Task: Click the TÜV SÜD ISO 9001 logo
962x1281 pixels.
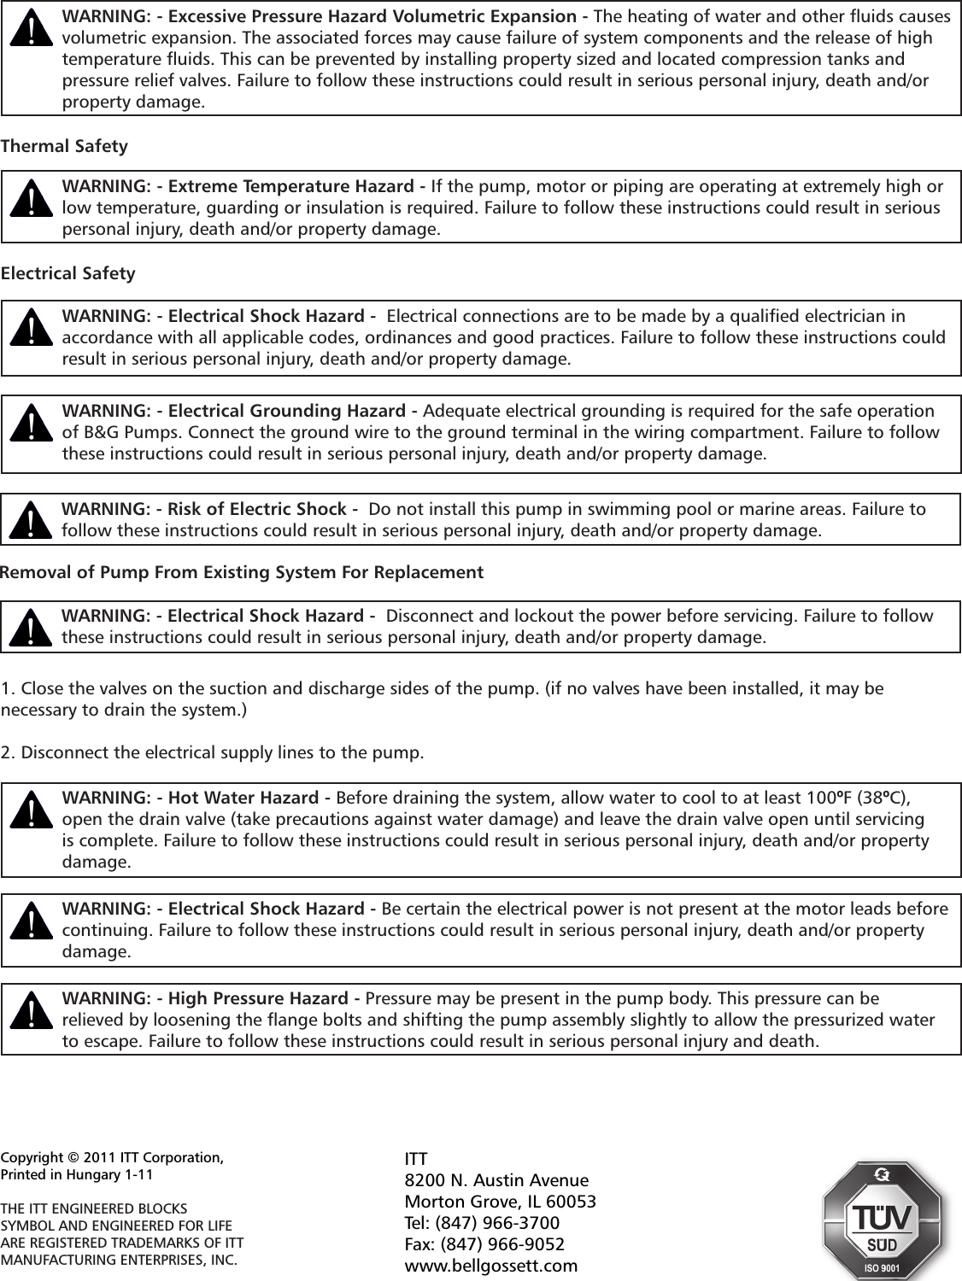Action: tap(881, 1220)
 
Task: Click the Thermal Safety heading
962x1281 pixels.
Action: tap(64, 146)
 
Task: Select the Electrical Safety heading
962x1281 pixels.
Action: tap(67, 273)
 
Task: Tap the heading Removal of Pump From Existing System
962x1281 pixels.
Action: tap(241, 571)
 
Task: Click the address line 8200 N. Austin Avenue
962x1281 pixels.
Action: tap(496, 1180)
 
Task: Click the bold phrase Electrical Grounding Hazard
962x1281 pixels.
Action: tap(289, 411)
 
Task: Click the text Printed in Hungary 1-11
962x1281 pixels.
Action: tap(77, 1174)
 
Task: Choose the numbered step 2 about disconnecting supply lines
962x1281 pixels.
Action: tap(212, 753)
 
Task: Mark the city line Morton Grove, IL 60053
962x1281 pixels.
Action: tap(499, 1202)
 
